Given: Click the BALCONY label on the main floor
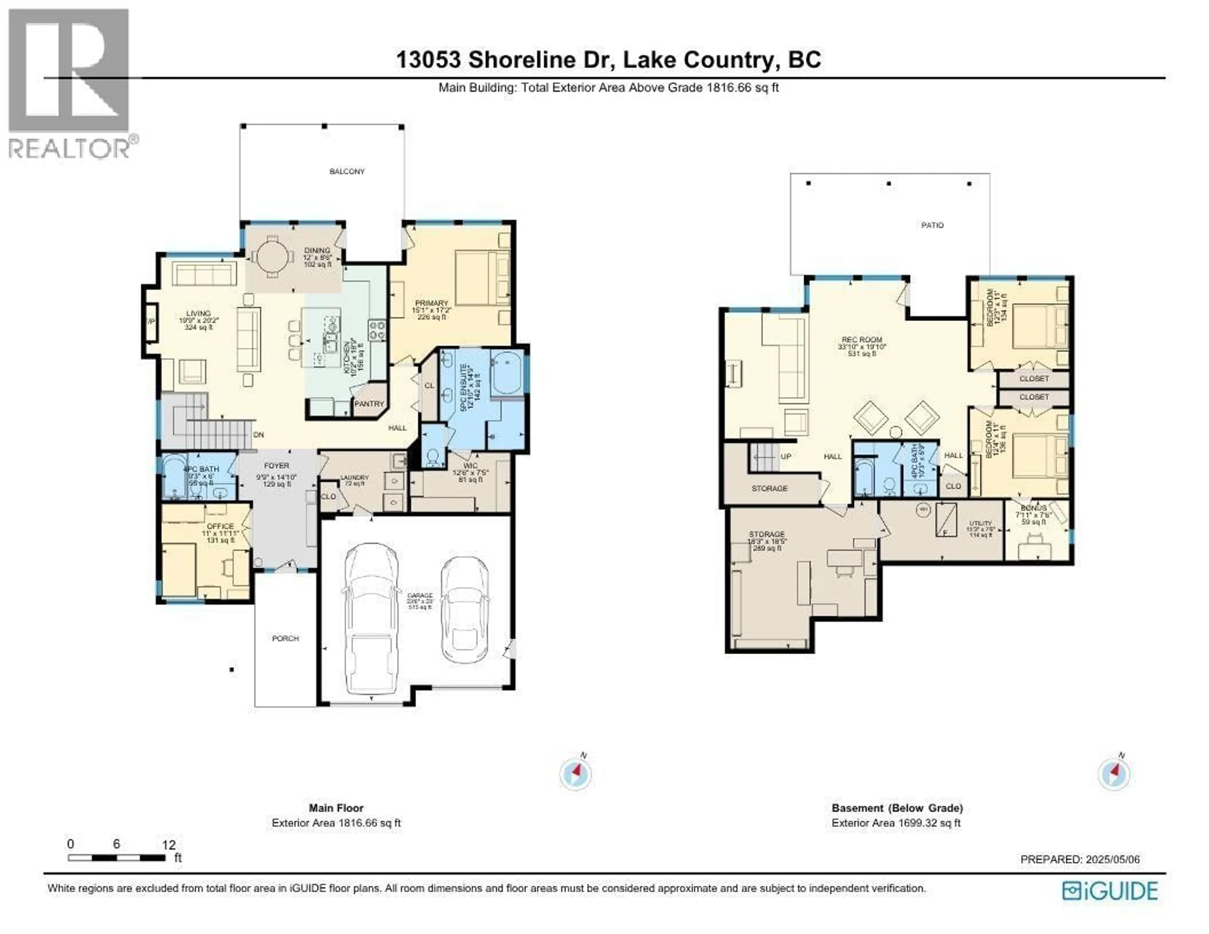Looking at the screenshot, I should (x=347, y=172).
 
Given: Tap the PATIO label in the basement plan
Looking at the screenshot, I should (x=932, y=225).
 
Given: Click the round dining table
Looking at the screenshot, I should (x=272, y=256).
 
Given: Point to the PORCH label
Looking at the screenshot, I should (x=285, y=638).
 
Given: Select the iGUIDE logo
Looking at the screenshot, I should (x=1110, y=891).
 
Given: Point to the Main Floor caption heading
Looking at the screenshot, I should (x=336, y=808).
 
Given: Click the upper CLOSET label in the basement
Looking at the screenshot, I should (x=1034, y=379).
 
